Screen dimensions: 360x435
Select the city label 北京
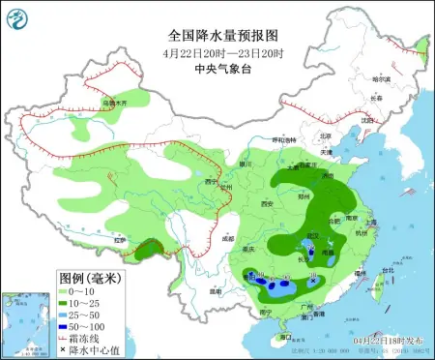tap(326, 135)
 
